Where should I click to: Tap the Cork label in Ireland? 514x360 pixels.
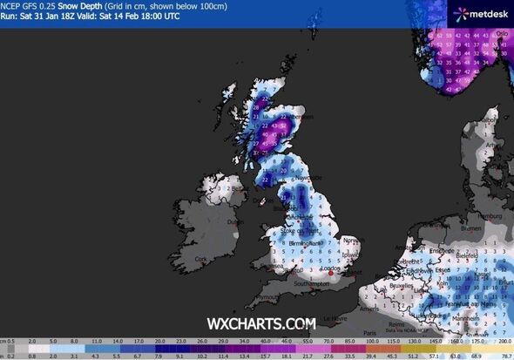coord(203,258)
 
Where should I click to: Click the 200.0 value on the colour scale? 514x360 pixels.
coord(500,342)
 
